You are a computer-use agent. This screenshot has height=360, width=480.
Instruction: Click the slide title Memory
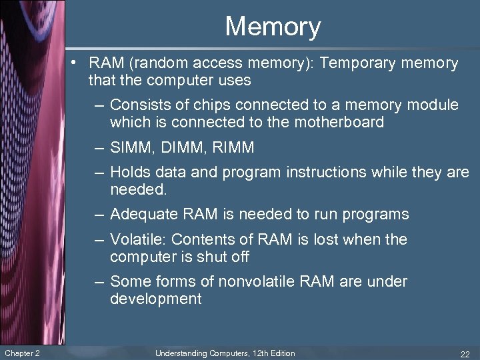pyautogui.click(x=273, y=27)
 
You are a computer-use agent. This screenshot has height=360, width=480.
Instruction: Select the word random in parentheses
pyautogui.click(x=163, y=63)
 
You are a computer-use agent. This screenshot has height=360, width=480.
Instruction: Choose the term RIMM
pyautogui.click(x=232, y=147)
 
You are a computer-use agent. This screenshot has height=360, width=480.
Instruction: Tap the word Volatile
pyautogui.click(x=136, y=239)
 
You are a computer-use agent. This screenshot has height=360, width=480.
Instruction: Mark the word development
pyautogui.click(x=155, y=299)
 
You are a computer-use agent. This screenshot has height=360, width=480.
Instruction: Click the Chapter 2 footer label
pyautogui.click(x=22, y=353)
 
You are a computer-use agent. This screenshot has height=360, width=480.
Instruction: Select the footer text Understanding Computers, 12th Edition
pyautogui.click(x=225, y=353)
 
